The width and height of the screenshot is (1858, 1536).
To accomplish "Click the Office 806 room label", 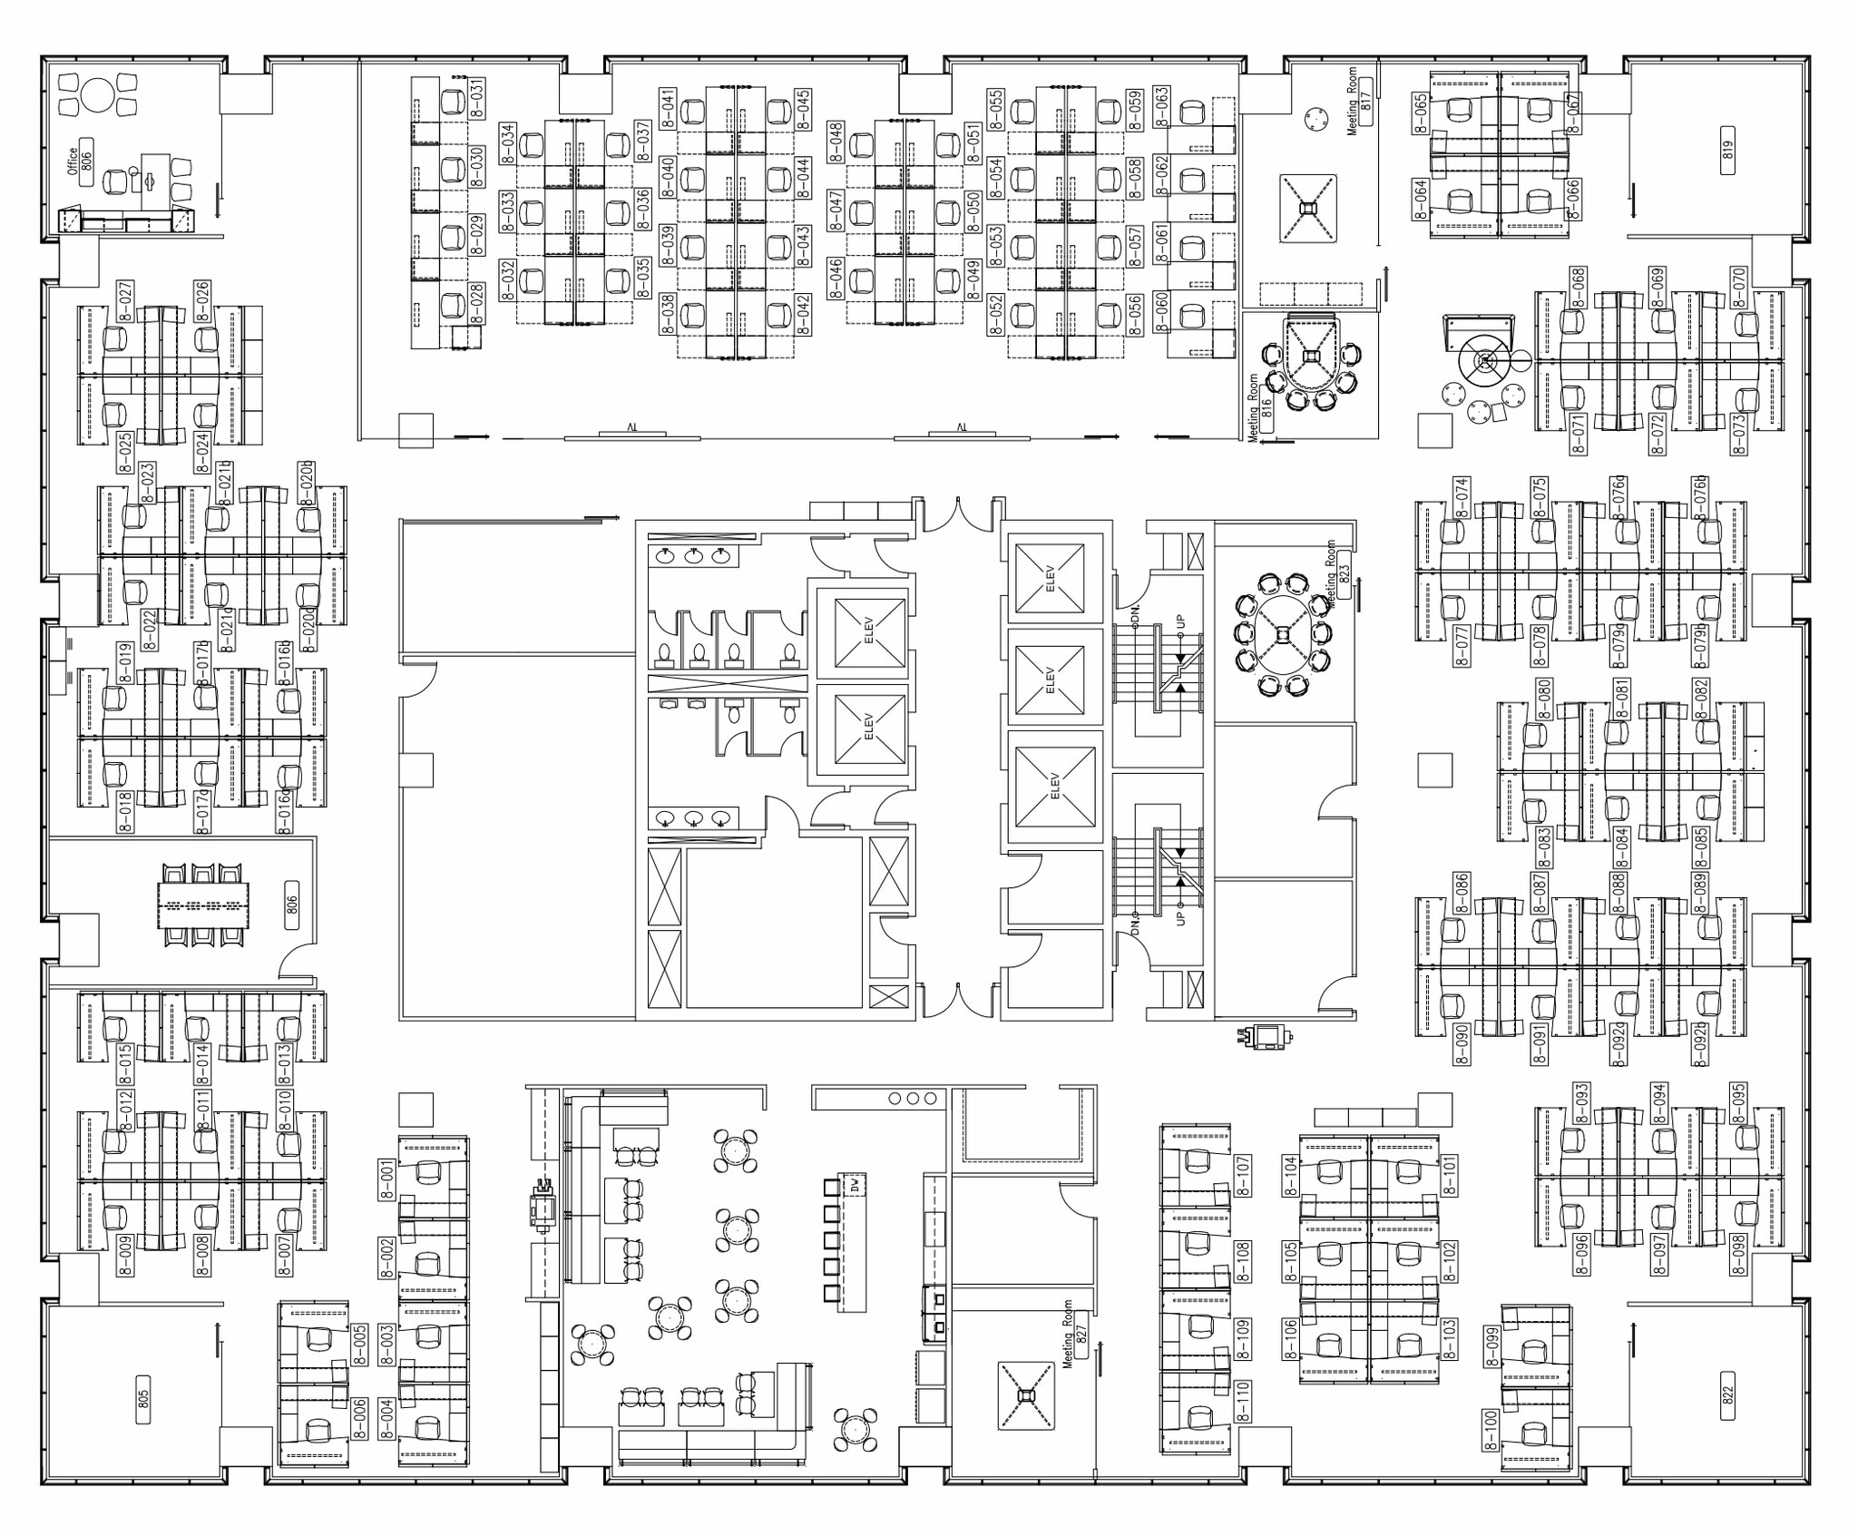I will point(80,161).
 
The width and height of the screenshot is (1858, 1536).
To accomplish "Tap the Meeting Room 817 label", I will point(1359,101).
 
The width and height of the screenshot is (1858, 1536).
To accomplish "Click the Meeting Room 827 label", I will point(1074,1335).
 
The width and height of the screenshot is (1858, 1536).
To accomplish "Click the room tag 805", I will point(142,1400).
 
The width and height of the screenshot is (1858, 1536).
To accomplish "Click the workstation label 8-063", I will point(1161,107).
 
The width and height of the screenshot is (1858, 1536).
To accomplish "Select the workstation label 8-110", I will point(1243,1400).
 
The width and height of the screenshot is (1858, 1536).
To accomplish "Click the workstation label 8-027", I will point(125,301).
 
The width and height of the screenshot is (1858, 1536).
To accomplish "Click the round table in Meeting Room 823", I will point(1283,634).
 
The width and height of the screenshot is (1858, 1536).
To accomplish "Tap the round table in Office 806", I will point(96,94).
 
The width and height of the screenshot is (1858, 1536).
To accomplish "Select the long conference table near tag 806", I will point(203,905).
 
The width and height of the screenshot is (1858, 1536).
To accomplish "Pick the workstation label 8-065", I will point(1421,113).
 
